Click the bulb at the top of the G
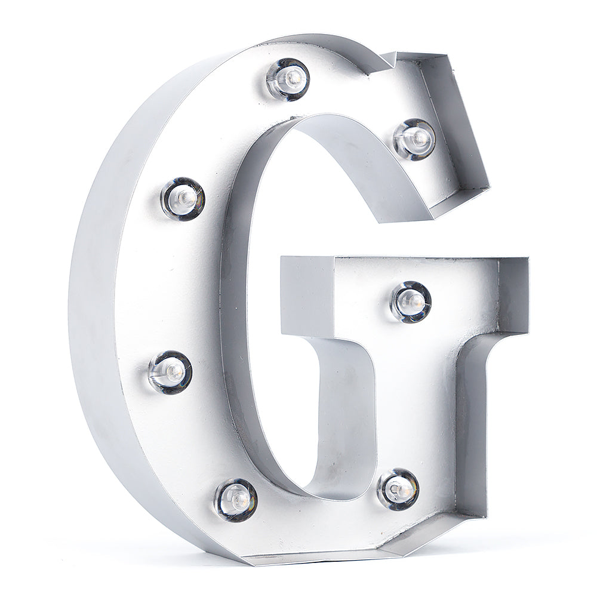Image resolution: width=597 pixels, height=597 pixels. point(288,79)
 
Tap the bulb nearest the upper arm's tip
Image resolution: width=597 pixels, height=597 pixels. point(415,139)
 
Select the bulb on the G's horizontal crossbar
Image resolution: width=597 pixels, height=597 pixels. point(411,301)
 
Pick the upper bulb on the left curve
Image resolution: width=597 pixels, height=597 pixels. point(182,198)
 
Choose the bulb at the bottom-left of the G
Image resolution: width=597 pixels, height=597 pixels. point(236,499)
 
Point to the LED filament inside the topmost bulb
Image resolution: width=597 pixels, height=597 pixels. point(293,76)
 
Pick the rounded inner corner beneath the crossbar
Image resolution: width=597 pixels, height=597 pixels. point(346,352)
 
